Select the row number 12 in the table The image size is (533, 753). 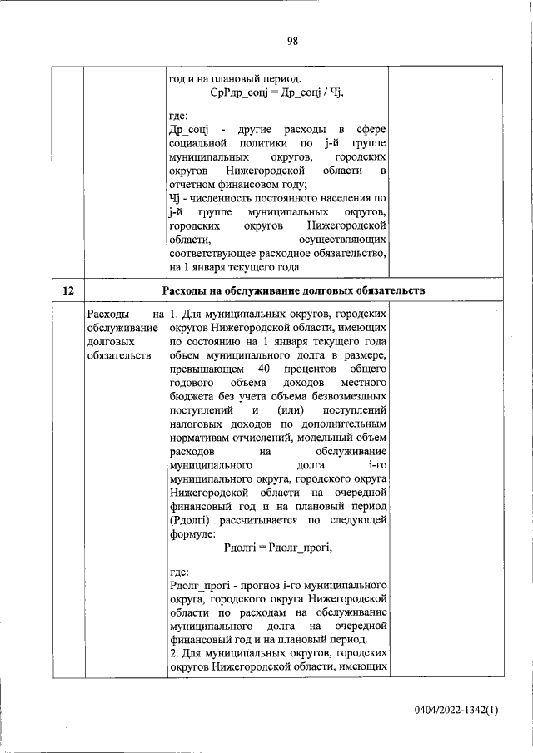click(x=68, y=290)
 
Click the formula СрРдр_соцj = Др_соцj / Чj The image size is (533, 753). click(x=277, y=92)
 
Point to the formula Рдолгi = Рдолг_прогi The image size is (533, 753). click(x=278, y=547)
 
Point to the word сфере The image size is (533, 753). click(x=371, y=130)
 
